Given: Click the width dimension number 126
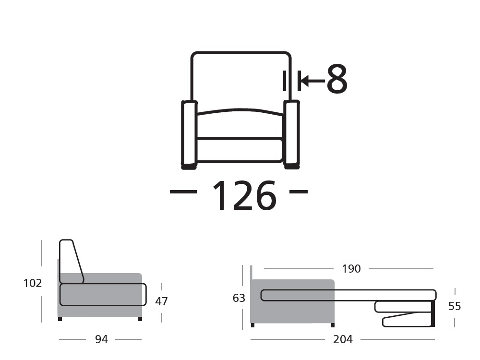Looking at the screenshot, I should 244,196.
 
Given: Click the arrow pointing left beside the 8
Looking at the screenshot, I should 311,80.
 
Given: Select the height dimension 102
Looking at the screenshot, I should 33,283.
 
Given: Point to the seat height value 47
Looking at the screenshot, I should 161,301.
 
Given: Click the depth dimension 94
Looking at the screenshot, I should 101,339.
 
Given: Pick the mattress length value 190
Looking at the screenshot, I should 351,269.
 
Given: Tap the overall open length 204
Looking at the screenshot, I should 343,339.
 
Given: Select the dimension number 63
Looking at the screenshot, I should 239,298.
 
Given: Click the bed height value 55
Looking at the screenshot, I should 455,306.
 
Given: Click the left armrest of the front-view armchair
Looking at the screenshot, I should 189,132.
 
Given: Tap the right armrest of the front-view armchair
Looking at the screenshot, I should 291,132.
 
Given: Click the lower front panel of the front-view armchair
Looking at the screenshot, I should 240,150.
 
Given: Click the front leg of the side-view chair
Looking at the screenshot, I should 140,319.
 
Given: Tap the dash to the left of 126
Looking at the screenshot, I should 183,192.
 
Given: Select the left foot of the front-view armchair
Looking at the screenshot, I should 189,167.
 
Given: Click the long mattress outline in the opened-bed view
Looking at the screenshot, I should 348,295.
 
